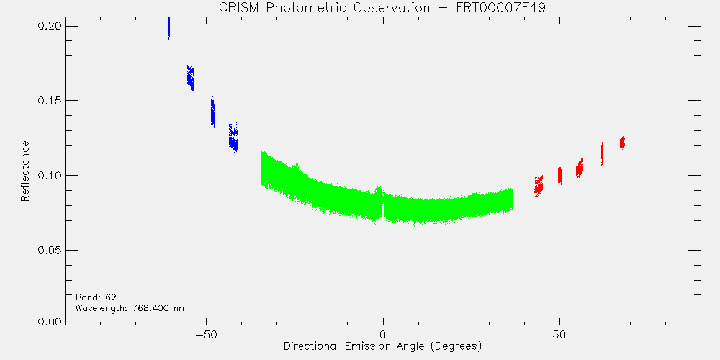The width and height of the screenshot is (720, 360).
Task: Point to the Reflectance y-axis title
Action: click(x=25, y=171)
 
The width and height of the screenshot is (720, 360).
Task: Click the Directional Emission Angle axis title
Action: click(x=382, y=346)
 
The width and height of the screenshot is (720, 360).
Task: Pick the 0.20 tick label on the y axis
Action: click(x=50, y=26)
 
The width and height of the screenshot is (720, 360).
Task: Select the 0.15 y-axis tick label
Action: click(x=50, y=101)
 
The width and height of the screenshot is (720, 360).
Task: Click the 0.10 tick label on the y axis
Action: click(x=50, y=176)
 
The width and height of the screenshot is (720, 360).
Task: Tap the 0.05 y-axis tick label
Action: click(x=50, y=250)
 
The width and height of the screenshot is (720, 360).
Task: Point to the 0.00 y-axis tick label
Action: click(x=50, y=322)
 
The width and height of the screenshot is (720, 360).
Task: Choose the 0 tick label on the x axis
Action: click(x=383, y=334)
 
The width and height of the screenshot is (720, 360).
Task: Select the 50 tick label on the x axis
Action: click(x=559, y=334)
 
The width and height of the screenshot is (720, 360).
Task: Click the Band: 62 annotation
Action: click(x=93, y=297)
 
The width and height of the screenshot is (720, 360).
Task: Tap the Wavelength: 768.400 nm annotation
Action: click(x=131, y=307)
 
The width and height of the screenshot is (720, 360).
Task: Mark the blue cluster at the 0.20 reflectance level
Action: click(x=168, y=29)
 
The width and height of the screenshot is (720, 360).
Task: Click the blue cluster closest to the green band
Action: click(x=234, y=138)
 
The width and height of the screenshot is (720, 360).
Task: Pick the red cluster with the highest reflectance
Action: click(x=622, y=143)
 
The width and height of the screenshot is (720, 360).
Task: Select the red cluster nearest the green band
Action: click(x=539, y=186)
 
